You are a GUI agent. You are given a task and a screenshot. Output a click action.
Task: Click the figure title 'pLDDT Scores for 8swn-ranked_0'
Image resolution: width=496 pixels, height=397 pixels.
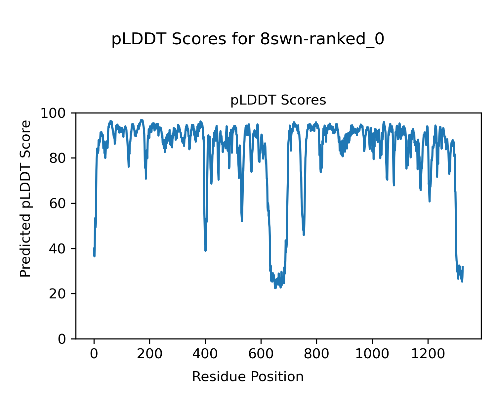(x=248, y=39)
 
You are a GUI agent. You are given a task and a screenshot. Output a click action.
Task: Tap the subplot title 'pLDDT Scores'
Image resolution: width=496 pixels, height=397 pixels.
(x=278, y=100)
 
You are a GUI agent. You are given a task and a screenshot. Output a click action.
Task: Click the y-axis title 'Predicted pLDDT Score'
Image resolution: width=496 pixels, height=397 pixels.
(x=25, y=198)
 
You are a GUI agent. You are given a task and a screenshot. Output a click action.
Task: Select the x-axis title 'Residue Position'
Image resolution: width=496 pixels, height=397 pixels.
(x=248, y=376)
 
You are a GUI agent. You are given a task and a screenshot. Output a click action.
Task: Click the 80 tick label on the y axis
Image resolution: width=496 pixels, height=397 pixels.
(x=61, y=158)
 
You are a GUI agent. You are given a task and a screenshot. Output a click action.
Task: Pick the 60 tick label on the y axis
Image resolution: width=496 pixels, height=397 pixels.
(x=61, y=203)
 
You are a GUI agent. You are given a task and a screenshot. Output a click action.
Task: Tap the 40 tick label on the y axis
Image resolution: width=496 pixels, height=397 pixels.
(x=61, y=248)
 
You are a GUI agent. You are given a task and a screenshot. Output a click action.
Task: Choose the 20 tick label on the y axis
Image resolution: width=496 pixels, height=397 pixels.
(x=61, y=294)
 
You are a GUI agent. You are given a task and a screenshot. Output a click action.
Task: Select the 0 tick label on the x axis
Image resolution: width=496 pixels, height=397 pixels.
(x=94, y=354)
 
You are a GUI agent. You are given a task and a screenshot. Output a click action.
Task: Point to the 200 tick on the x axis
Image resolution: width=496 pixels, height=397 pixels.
(x=150, y=354)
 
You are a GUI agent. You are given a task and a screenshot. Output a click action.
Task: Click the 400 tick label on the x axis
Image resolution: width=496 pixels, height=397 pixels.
(x=205, y=354)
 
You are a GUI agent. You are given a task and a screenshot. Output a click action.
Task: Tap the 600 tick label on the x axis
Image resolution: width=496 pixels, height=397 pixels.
(x=261, y=354)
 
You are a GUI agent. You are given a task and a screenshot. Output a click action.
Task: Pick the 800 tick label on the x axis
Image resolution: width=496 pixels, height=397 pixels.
(x=317, y=354)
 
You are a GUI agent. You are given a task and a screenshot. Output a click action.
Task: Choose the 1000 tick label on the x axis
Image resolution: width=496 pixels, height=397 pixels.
(x=372, y=354)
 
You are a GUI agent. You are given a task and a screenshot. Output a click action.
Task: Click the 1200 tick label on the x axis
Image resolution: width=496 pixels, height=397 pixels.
(x=428, y=354)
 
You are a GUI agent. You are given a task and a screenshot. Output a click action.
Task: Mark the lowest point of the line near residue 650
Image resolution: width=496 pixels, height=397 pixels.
(x=275, y=288)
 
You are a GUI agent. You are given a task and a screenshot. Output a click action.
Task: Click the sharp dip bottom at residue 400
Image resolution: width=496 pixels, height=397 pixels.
(x=205, y=250)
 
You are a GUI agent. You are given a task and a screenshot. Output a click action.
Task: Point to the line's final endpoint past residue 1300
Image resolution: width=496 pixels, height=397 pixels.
(x=463, y=267)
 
